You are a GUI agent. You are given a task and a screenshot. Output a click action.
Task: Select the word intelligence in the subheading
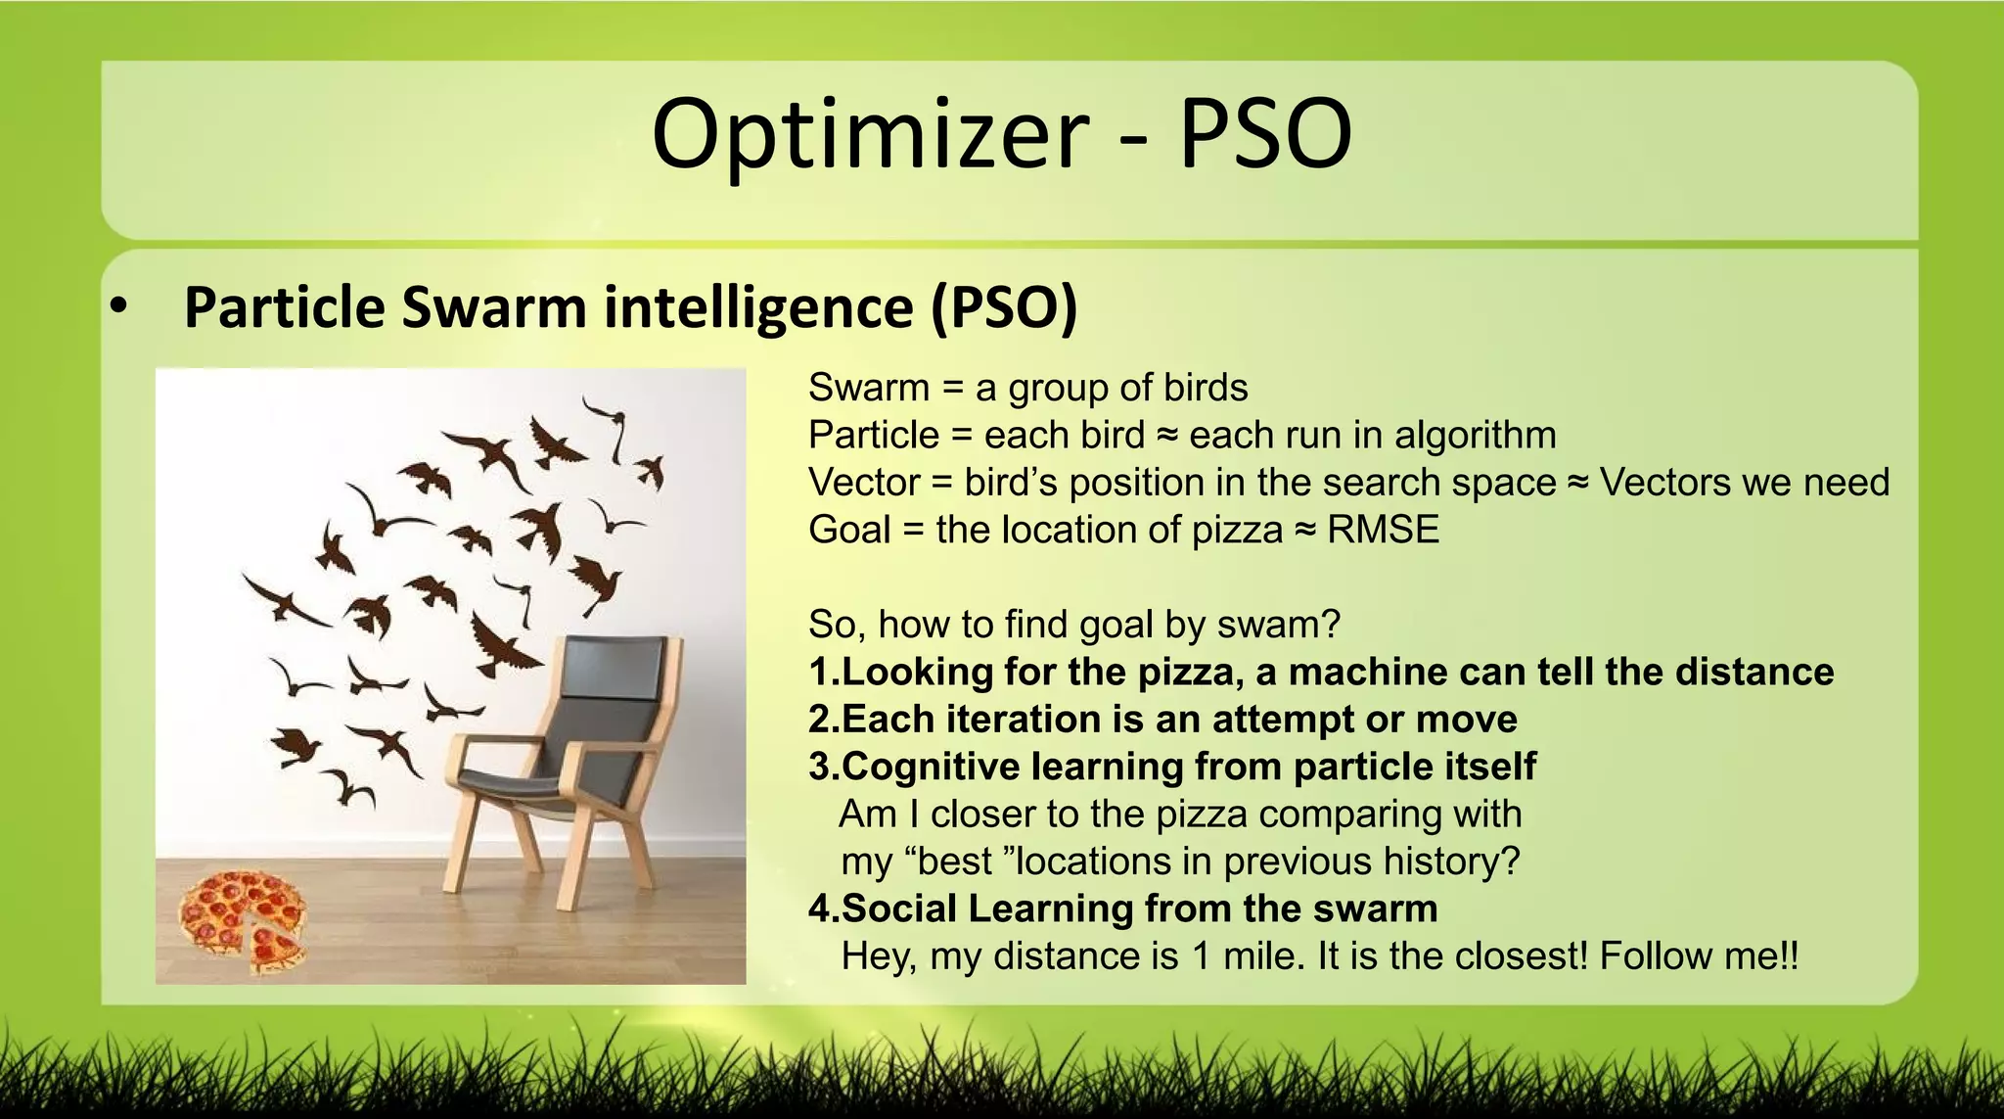point(758,307)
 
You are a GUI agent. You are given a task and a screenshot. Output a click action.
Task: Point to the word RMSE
point(1383,531)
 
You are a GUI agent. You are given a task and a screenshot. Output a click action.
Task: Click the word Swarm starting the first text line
point(868,389)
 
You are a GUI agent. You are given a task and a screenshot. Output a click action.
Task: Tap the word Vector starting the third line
point(864,483)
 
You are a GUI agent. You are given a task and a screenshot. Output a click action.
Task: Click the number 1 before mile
point(1201,956)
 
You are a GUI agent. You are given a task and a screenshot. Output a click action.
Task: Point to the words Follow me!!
point(1699,956)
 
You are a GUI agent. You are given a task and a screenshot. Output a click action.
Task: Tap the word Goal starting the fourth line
point(849,531)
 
